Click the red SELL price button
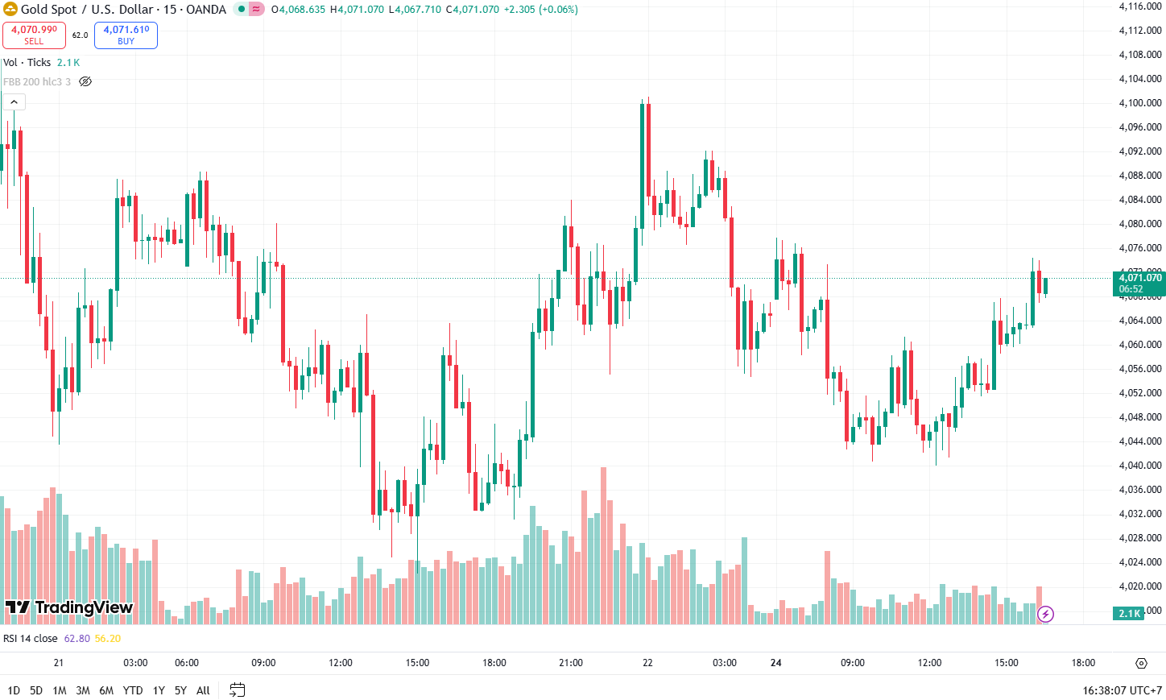point(34,35)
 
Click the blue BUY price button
point(126,35)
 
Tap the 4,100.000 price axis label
point(1140,103)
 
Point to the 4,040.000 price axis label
point(1140,466)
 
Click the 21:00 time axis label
point(571,663)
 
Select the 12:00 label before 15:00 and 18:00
point(341,663)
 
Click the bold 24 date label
point(775,663)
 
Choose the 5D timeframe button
point(36,690)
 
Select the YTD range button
point(133,690)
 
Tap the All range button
point(203,690)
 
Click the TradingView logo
point(69,607)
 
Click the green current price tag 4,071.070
point(1139,283)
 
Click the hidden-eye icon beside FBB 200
point(85,81)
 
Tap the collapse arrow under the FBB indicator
point(14,102)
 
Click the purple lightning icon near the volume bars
point(1045,614)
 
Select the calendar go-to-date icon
point(237,690)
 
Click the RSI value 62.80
point(77,639)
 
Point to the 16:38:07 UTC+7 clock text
point(1122,690)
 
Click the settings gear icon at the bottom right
point(1141,663)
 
